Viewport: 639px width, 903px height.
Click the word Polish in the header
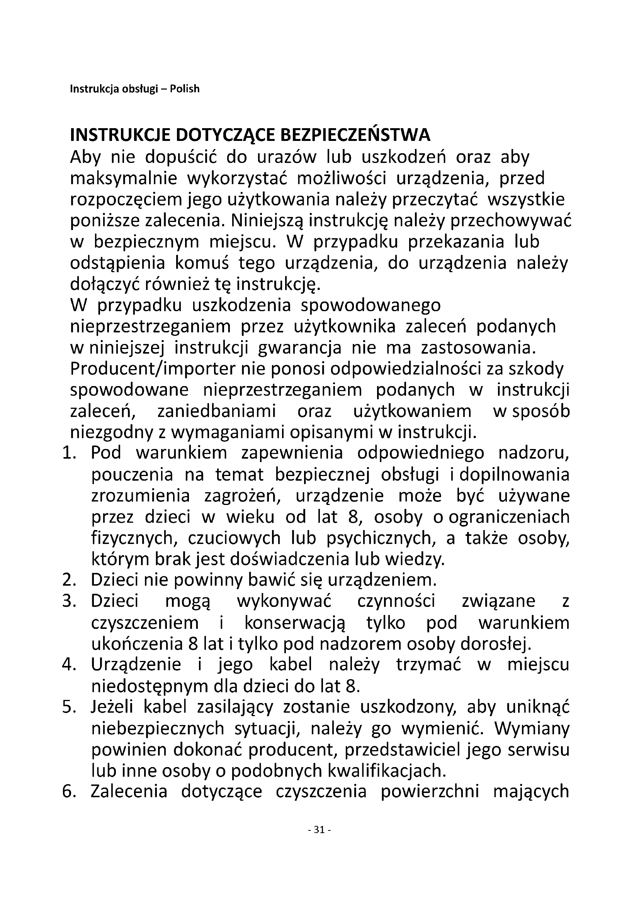point(185,89)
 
